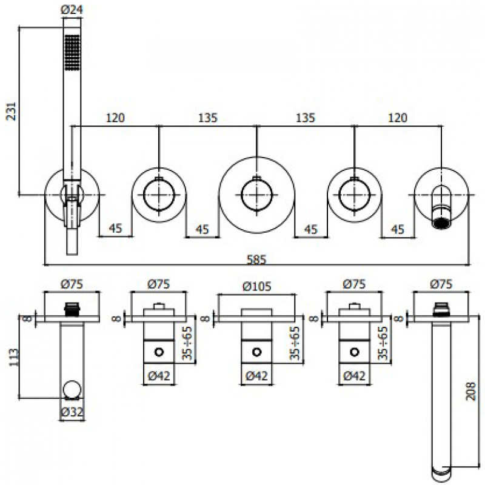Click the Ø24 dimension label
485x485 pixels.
click(72, 9)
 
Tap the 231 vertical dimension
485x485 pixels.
click(12, 111)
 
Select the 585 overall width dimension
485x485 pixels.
click(256, 259)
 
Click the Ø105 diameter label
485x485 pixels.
click(256, 286)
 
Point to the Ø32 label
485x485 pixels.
click(72, 412)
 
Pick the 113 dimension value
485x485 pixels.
click(14, 357)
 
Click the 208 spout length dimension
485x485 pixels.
click(470, 392)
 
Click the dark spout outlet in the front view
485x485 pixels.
click(441, 223)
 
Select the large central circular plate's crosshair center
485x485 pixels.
click(256, 195)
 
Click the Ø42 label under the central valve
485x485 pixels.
click(256, 376)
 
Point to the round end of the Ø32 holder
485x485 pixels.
click(72, 389)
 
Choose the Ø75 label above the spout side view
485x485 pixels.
click(441, 284)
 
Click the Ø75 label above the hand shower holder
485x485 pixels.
click(72, 284)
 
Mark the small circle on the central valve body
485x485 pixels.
click(256, 352)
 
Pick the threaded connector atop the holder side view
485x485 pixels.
click(72, 309)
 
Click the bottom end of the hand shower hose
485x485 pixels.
click(72, 253)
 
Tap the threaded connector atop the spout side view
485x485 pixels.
click(441, 310)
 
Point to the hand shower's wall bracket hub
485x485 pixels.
click(72, 195)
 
